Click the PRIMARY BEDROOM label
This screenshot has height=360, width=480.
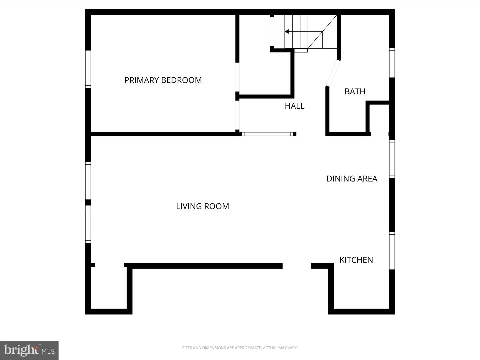[163, 80]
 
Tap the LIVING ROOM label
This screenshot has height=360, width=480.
[202, 206]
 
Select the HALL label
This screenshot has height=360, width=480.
[294, 106]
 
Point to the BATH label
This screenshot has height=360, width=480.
[355, 91]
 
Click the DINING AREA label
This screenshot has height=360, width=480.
[352, 179]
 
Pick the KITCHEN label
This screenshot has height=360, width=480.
[356, 260]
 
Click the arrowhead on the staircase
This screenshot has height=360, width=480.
[287, 32]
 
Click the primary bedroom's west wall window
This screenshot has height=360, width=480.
[88, 69]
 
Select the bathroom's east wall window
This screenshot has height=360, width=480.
[392, 63]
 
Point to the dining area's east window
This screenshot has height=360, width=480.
[392, 159]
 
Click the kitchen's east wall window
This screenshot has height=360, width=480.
[392, 251]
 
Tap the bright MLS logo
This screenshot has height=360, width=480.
[29, 350]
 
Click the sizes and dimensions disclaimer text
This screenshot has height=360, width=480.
[240, 348]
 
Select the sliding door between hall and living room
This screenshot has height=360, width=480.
[267, 134]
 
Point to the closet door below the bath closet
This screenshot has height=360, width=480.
[380, 134]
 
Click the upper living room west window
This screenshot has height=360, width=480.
[88, 181]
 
